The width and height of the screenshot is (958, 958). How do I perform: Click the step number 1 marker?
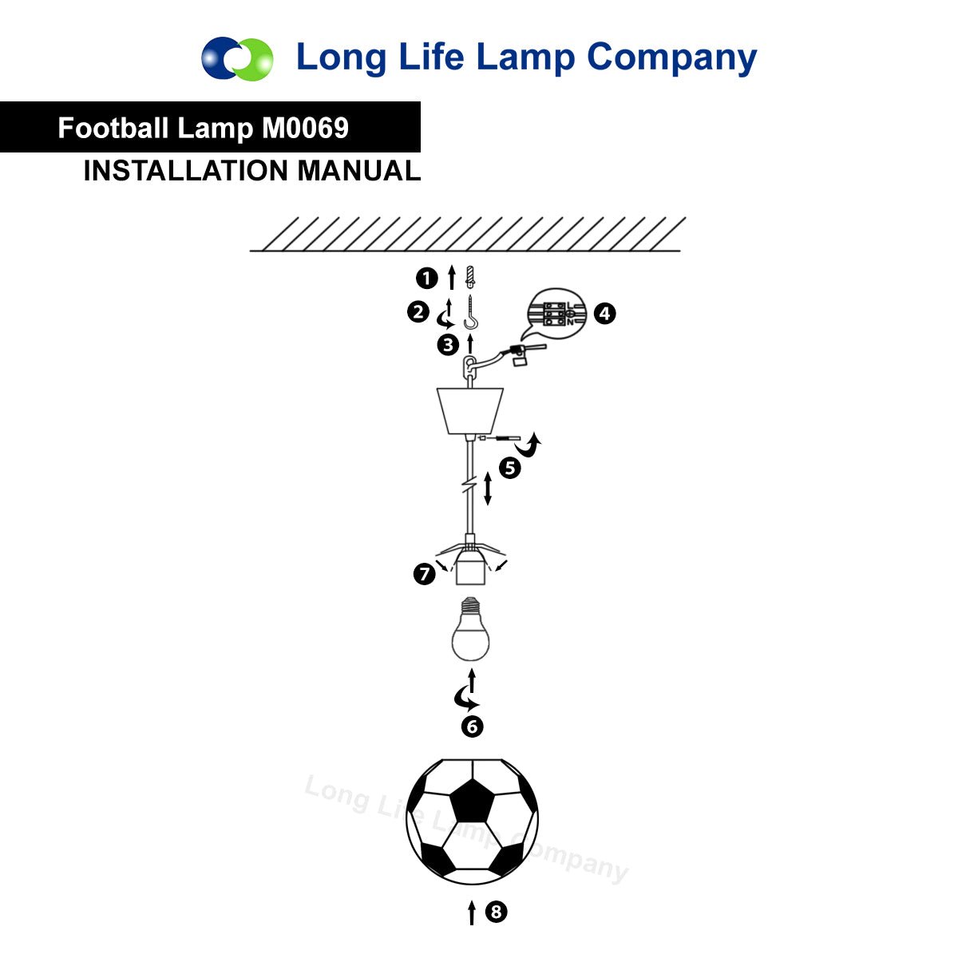426,279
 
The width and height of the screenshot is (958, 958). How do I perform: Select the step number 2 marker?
418,312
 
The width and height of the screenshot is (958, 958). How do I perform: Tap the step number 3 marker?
448,345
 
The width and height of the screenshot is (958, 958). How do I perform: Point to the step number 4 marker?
604,314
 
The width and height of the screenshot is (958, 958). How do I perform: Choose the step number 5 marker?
510,469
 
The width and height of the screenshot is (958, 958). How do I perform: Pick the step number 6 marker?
473,726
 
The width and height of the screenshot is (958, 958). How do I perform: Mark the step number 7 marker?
424,574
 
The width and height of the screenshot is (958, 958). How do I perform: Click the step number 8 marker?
496,912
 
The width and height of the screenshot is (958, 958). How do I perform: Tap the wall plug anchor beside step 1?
469,277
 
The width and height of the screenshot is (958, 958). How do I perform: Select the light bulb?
470,629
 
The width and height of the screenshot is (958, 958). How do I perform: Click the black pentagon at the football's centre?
473,801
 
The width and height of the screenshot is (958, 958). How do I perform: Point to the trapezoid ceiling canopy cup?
469,410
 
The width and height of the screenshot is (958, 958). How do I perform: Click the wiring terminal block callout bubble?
556,313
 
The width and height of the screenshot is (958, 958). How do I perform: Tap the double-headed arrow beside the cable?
488,489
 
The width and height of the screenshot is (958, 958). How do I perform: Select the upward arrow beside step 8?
472,912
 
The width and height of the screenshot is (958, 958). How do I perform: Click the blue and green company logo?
237,58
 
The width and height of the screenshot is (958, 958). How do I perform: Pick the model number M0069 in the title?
305,128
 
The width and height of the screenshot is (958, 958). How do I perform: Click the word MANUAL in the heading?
359,171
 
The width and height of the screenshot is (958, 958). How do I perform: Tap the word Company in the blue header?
671,58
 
